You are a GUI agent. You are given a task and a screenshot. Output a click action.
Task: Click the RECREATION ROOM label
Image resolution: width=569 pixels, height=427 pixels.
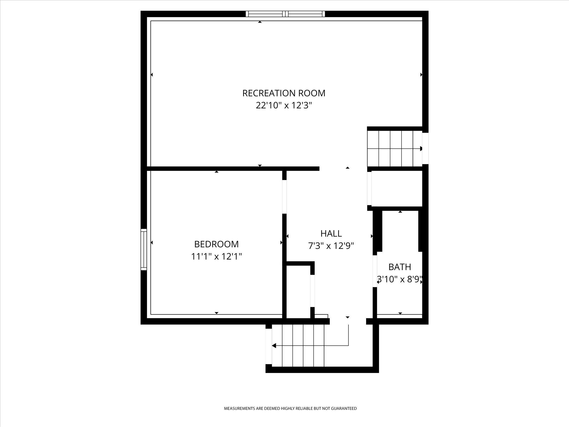pos(284,93)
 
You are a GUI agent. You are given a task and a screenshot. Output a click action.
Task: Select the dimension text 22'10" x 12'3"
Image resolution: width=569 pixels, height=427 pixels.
pos(284,105)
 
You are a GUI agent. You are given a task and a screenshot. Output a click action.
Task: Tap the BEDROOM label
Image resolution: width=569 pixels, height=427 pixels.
pos(216,244)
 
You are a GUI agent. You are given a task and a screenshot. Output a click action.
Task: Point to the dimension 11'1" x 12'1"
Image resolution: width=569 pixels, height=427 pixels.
pos(216,256)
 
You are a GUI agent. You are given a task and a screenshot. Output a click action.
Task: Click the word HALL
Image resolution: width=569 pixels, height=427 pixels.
pos(331,233)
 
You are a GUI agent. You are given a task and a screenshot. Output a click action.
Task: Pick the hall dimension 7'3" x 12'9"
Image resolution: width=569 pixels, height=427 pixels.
pos(331,246)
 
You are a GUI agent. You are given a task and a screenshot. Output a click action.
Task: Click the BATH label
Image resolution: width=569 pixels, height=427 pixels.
pos(400,267)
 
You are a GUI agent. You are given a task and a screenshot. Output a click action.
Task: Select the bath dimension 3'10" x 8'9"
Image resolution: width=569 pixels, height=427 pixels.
pos(400,279)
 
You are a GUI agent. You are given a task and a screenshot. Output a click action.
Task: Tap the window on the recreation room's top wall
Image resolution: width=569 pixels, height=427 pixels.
pos(285,14)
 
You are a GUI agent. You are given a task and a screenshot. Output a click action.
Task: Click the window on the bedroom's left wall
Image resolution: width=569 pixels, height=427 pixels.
pos(144,249)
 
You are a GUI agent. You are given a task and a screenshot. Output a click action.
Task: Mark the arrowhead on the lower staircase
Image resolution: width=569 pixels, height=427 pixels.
pos(274,346)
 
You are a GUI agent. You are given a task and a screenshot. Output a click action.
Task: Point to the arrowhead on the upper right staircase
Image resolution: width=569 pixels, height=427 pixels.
pos(421,149)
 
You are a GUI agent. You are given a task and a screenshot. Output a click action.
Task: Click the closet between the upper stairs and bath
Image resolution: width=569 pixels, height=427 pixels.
pos(397,189)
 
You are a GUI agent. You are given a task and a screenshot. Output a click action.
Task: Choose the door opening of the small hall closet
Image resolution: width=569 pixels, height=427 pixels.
pos(312,291)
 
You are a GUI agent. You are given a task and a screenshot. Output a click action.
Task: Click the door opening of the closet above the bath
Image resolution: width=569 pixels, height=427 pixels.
pos(369,188)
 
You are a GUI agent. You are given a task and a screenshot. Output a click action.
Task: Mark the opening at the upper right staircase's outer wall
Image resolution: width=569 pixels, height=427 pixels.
pos(426,148)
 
